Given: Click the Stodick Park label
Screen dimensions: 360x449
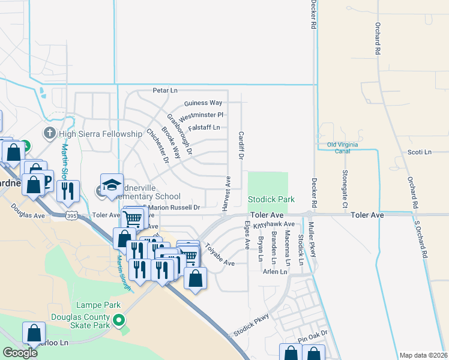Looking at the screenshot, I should click(x=271, y=199).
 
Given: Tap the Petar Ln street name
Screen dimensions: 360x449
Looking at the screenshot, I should click(x=165, y=91).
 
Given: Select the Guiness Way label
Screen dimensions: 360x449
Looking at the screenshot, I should click(x=203, y=103).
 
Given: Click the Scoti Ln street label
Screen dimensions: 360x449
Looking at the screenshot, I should click(x=419, y=152).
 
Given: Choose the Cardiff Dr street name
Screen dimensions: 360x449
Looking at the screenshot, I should click(x=241, y=145).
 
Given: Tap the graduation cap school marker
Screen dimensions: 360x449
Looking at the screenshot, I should click(x=112, y=185).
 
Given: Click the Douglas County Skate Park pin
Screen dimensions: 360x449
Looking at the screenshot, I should click(x=119, y=320).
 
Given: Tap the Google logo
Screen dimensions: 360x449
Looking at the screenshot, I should click(x=20, y=353).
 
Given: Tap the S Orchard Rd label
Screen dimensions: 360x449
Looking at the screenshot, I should click(x=420, y=238).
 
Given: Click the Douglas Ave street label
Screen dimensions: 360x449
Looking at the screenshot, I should click(x=28, y=212).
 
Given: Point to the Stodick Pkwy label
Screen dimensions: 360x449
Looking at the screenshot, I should click(x=252, y=324).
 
